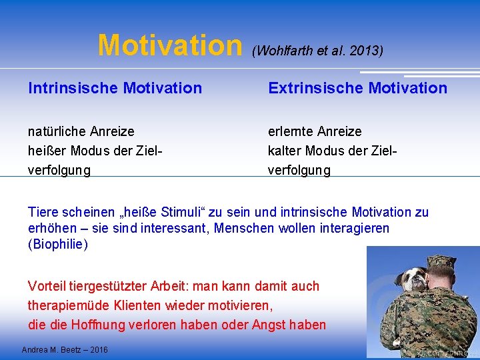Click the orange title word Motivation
[170, 46]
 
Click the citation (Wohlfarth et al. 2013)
[317, 51]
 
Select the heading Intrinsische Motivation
[115, 88]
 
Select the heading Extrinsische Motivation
[357, 88]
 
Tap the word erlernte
[291, 131]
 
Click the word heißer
[45, 151]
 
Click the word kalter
[285, 151]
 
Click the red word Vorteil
[45, 286]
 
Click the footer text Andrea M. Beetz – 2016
[65, 350]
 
